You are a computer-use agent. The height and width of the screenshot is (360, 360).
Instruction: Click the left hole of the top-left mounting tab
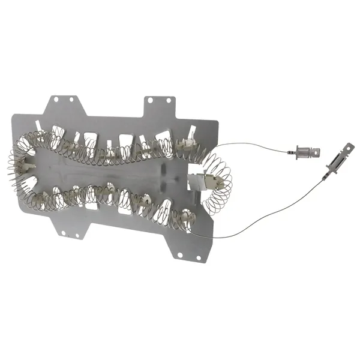(x=55, y=98)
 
